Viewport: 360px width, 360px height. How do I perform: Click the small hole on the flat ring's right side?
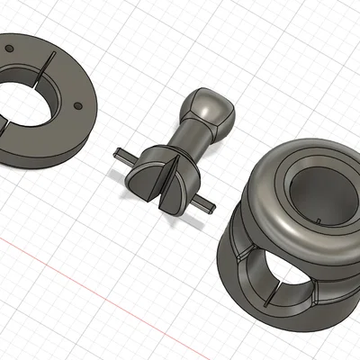[76, 105]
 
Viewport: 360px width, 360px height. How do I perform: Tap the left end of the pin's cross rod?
[117, 150]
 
